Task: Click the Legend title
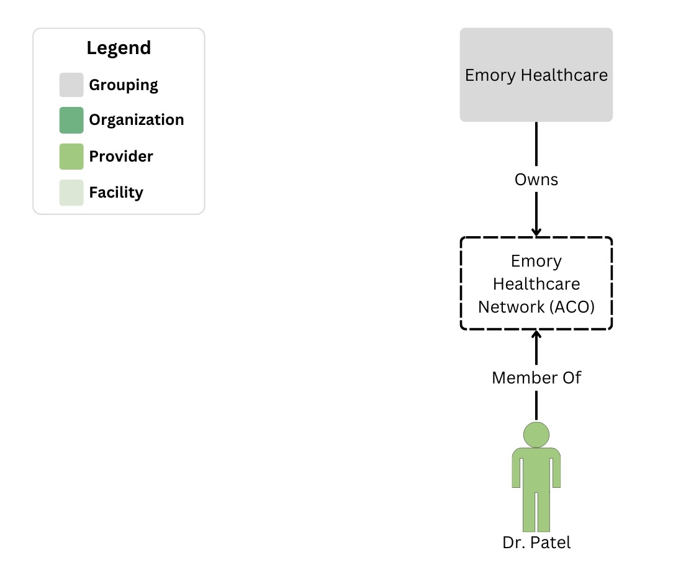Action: pyautogui.click(x=119, y=48)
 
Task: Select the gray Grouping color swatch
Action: pyautogui.click(x=71, y=85)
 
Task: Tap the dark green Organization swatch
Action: pyautogui.click(x=71, y=121)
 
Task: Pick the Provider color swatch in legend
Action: pyautogui.click(x=71, y=157)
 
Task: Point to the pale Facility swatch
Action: pyautogui.click(x=71, y=193)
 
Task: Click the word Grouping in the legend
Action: pyautogui.click(x=124, y=85)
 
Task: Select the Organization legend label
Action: pyautogui.click(x=137, y=120)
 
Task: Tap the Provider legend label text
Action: pyautogui.click(x=121, y=157)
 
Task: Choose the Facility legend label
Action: pyautogui.click(x=116, y=193)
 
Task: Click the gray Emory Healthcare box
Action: pyautogui.click(x=536, y=75)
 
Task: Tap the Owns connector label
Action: pyautogui.click(x=536, y=180)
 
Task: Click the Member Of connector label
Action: pyautogui.click(x=536, y=377)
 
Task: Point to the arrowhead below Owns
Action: pyautogui.click(x=536, y=232)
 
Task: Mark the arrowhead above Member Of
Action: pyautogui.click(x=536, y=336)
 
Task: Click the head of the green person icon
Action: pyautogui.click(x=536, y=434)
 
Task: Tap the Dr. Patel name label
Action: pyautogui.click(x=536, y=543)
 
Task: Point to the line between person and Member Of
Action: pyautogui.click(x=536, y=407)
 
